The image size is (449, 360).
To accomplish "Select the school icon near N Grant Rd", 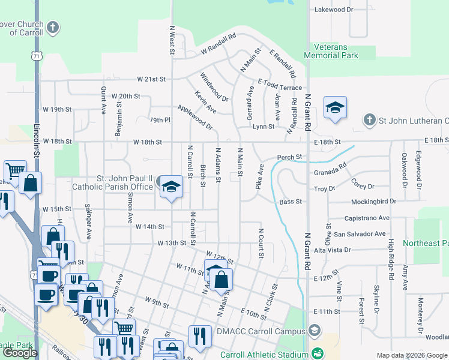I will point(335,108).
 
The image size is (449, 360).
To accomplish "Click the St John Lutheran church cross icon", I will point(370,121).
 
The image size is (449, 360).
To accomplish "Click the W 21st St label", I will point(151,79).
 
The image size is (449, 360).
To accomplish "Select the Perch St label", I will point(289,158).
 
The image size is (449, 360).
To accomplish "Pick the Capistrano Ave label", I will point(367,218).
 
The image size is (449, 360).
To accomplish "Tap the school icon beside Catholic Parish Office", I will point(171,185).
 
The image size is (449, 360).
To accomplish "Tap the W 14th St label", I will point(150,227).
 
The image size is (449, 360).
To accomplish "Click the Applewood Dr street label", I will point(195,118).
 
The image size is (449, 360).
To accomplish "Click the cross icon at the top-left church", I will point(53,27).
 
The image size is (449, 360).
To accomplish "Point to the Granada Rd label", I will point(331,171).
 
